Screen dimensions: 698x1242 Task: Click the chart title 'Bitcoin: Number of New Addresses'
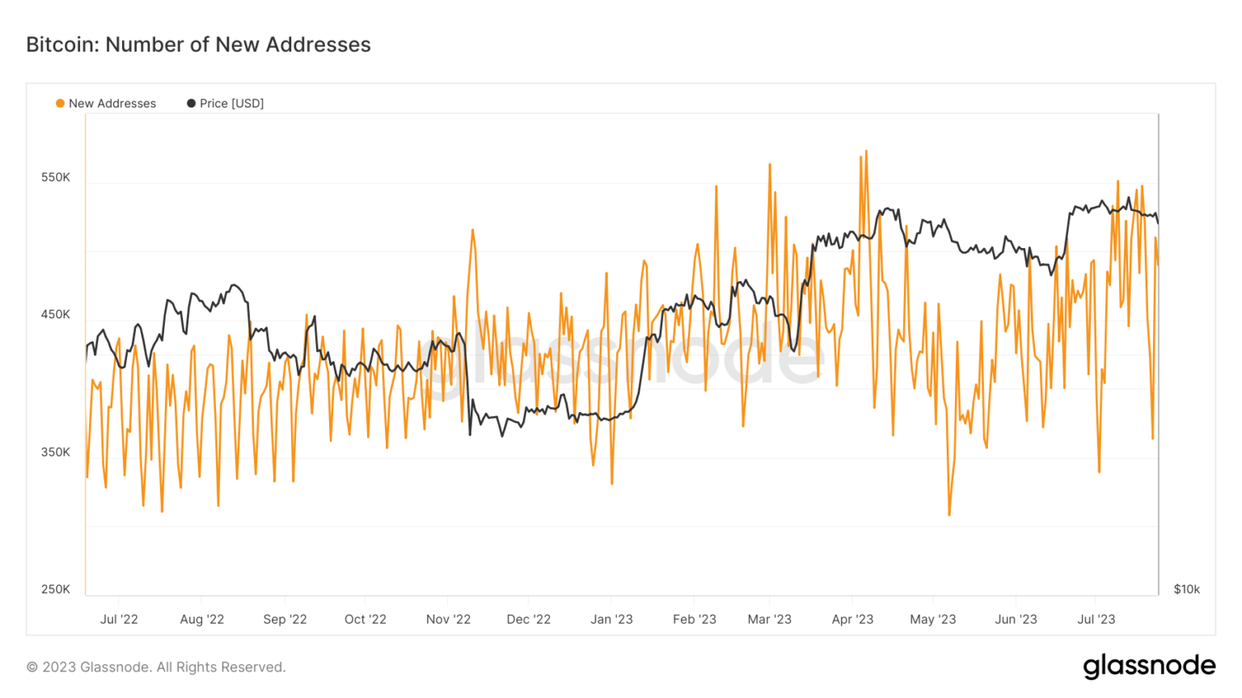(x=198, y=44)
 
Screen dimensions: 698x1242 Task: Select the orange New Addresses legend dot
(x=60, y=103)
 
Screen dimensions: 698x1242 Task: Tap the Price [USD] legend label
(x=231, y=103)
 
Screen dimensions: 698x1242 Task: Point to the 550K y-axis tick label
(x=56, y=177)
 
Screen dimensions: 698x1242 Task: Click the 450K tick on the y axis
(x=56, y=314)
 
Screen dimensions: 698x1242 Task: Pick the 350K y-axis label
(x=56, y=452)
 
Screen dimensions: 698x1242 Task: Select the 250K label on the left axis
(x=56, y=589)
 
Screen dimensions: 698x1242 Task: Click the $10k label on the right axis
(x=1186, y=589)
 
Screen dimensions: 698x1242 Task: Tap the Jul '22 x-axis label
(x=119, y=619)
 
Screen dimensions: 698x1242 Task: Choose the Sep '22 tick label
(x=285, y=619)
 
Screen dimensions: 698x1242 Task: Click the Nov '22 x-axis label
(x=448, y=619)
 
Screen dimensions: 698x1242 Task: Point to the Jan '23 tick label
(x=611, y=619)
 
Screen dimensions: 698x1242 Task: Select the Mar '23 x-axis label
(x=769, y=619)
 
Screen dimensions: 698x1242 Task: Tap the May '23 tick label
(x=932, y=619)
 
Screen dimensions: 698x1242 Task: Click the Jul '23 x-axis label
(x=1096, y=619)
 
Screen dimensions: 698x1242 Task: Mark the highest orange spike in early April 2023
(x=866, y=151)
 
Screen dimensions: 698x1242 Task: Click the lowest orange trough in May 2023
(x=949, y=515)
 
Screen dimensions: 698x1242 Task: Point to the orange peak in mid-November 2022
(x=472, y=230)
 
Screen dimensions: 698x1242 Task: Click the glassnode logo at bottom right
(x=1149, y=666)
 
